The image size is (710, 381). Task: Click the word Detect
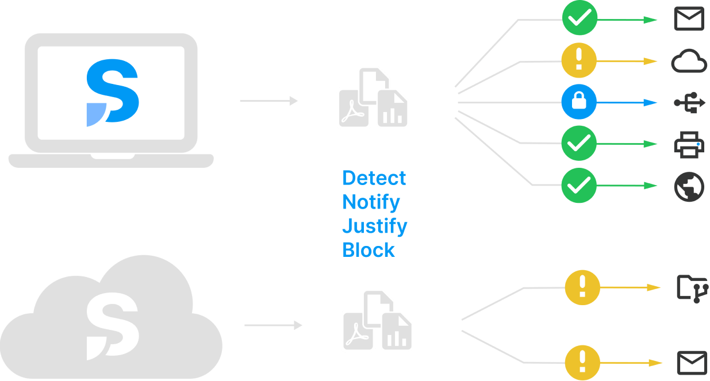click(374, 178)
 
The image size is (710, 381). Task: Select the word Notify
click(371, 203)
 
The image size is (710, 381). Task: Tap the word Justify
click(375, 227)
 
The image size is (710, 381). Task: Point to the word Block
click(369, 250)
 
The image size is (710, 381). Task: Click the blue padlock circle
click(579, 102)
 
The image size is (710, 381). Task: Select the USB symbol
click(689, 103)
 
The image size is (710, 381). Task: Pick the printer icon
click(689, 145)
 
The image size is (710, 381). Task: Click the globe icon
click(689, 187)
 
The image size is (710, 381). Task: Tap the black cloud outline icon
click(689, 61)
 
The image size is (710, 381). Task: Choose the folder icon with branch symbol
click(693, 289)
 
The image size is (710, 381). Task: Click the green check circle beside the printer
click(579, 143)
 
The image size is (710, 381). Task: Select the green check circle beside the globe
click(579, 185)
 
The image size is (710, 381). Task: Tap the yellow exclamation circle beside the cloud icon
click(579, 60)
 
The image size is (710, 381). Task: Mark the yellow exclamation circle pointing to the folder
click(582, 287)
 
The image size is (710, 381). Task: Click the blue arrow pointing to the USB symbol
click(627, 103)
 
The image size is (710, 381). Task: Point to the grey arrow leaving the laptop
click(269, 101)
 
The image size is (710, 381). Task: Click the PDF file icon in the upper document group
click(354, 108)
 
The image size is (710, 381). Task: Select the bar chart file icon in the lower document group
click(397, 331)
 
